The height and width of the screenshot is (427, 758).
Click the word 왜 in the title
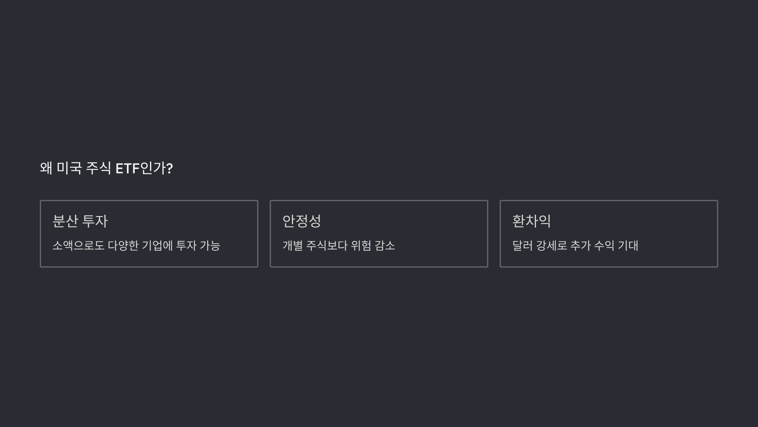point(46,168)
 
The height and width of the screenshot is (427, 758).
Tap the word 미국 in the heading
point(69,168)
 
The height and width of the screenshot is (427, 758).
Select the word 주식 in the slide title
point(98,168)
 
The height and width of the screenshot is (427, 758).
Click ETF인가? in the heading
point(144,168)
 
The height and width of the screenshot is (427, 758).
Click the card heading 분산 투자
point(80,221)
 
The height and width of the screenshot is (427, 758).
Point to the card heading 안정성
point(302,221)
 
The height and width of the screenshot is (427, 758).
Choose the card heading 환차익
point(532,221)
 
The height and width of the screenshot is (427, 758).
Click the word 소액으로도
point(78,245)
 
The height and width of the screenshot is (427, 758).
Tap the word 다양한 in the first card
point(123,245)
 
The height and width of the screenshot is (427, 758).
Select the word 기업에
point(157,245)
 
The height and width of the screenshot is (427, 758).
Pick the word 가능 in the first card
point(210,245)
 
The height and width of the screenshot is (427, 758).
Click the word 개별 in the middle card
point(292,245)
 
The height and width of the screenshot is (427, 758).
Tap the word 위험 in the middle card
point(361,245)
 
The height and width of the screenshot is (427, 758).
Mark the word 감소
point(385,245)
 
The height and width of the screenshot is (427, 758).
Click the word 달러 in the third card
point(522,245)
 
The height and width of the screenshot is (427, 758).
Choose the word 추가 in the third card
point(581,245)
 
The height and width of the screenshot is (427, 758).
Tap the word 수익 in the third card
point(604,245)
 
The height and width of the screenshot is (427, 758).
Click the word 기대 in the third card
point(628,245)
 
